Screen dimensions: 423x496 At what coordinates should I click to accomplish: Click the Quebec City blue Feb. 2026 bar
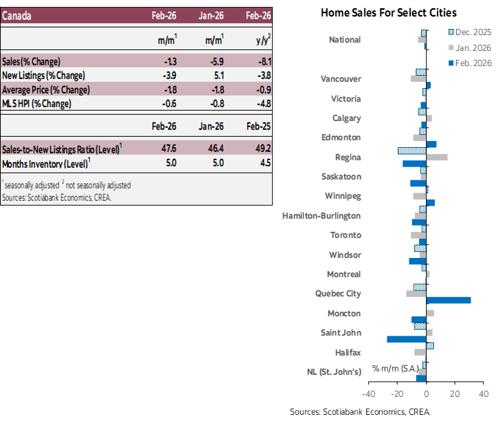tap(449, 300)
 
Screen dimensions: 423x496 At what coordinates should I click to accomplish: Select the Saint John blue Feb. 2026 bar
tap(407, 338)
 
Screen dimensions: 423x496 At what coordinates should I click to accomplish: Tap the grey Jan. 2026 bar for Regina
tap(437, 158)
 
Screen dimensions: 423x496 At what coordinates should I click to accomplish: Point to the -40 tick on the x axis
tap(368, 394)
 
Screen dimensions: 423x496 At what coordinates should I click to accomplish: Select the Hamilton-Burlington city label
tap(322, 215)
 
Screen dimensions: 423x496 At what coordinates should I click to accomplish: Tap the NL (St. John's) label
tap(334, 372)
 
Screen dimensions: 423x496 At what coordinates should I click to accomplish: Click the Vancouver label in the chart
tap(341, 78)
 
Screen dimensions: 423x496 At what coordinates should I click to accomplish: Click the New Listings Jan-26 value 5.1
tap(216, 75)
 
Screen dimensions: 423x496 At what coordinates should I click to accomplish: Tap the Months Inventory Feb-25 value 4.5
tap(264, 163)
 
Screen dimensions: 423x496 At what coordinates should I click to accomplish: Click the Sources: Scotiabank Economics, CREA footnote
tap(56, 197)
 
